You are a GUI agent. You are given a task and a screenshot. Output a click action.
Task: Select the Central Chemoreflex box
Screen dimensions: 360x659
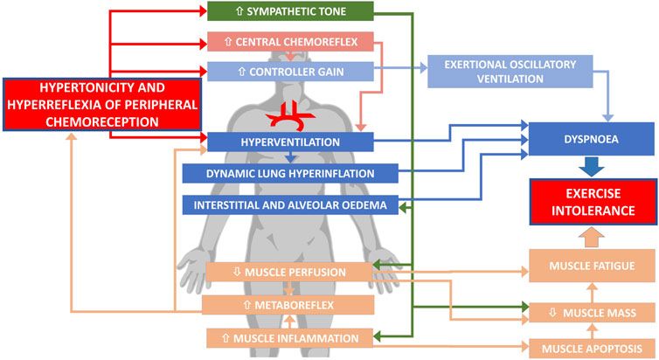pos(290,41)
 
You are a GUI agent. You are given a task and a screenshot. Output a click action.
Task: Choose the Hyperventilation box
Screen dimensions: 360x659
pos(290,142)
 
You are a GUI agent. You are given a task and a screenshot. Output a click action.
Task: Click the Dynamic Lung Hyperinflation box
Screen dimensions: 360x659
pos(290,173)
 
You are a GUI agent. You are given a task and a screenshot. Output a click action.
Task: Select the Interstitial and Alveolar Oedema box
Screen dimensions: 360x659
pos(290,205)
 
